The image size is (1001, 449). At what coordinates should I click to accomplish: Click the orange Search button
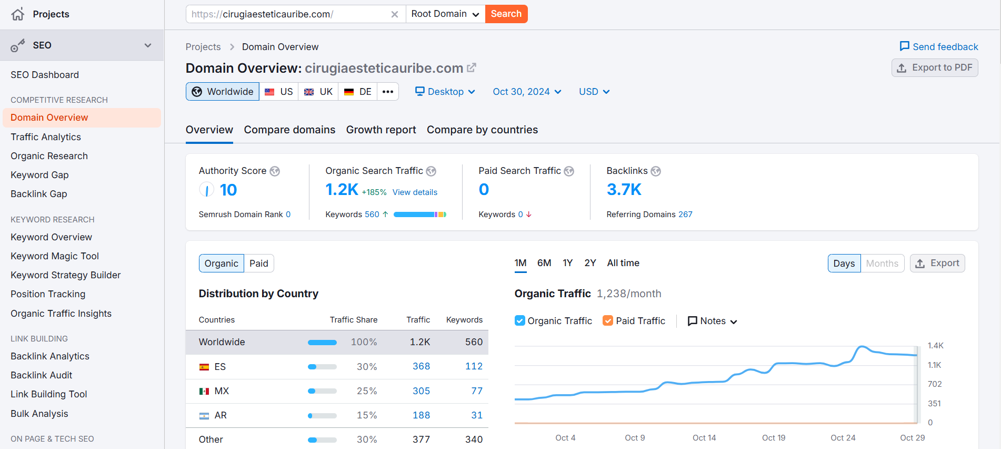pos(506,14)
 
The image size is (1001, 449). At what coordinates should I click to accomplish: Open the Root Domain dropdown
pos(445,14)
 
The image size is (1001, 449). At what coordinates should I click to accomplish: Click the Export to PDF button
pos(934,68)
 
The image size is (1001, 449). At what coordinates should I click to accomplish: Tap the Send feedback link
pos(939,47)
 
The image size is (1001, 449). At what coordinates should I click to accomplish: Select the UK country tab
pos(318,92)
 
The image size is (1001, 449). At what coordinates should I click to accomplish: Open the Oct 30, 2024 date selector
pos(526,92)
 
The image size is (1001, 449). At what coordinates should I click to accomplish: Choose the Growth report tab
pos(381,130)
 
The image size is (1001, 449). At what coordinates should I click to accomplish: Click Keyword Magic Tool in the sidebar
pos(55,256)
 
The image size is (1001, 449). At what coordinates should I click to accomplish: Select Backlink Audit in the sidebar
pos(42,375)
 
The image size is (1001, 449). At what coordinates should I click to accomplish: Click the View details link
pos(415,192)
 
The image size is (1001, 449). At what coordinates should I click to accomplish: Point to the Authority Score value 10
pos(228,190)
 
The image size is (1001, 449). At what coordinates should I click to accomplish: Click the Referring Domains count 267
pos(685,214)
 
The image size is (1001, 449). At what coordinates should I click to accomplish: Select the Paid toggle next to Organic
pos(258,263)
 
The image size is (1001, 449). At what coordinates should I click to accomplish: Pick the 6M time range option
pos(544,263)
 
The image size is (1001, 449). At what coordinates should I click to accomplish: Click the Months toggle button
pos(882,263)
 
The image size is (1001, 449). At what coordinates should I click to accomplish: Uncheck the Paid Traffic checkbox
pos(608,321)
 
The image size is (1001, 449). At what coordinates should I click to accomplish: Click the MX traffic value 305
pos(421,391)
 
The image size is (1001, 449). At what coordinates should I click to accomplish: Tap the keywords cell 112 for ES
pos(474,366)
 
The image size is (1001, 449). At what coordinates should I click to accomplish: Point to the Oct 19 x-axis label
pos(773,438)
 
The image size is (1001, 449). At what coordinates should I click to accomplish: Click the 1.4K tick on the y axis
pos(935,346)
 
